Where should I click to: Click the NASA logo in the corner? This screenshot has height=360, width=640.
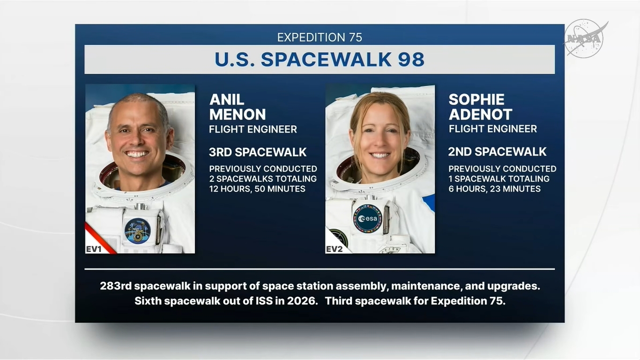[585, 38]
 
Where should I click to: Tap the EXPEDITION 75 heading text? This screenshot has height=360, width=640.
[320, 37]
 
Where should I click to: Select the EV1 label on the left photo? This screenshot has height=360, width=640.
[94, 249]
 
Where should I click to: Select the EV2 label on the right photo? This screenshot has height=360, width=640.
[334, 249]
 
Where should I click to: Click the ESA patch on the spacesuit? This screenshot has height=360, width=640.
[367, 218]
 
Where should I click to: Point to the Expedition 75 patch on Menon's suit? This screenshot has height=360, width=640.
[137, 231]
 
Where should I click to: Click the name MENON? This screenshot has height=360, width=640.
[238, 114]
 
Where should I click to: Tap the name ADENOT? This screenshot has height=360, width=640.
[480, 114]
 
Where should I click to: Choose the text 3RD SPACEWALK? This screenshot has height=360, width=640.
[258, 152]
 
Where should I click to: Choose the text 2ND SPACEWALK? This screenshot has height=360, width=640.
[497, 151]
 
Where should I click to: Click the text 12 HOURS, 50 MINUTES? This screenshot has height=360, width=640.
[257, 189]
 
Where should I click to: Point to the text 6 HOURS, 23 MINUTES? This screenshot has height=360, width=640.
[495, 189]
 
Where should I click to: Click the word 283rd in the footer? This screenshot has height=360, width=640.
[116, 286]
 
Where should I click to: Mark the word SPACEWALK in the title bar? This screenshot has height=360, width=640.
[326, 60]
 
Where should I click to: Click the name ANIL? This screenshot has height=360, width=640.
[227, 99]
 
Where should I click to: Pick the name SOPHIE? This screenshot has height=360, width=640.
[476, 99]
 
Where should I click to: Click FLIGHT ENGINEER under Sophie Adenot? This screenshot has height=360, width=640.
[493, 129]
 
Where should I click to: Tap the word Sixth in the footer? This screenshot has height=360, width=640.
[148, 301]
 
